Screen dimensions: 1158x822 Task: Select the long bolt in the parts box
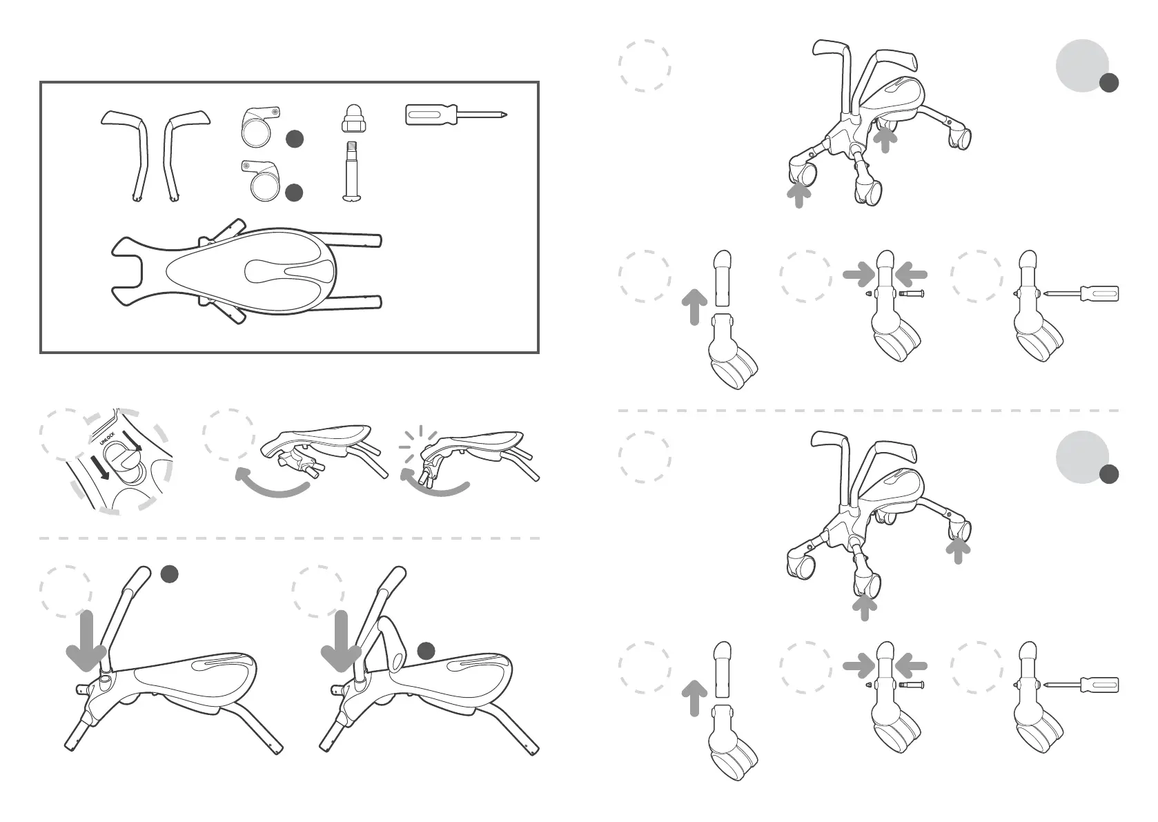[x=351, y=171]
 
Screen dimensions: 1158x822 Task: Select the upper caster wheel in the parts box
[x=259, y=126]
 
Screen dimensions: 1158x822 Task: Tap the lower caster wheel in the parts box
[x=263, y=182]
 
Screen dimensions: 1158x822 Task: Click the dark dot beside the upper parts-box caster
[x=295, y=139]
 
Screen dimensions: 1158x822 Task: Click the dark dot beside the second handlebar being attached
[x=426, y=650]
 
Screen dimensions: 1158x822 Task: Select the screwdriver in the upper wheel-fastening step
[x=1082, y=293]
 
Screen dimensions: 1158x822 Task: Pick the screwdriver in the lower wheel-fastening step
[x=1082, y=685]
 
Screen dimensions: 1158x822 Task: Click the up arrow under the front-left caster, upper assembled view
[x=799, y=195]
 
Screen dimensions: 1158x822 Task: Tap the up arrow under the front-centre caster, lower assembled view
[x=864, y=607]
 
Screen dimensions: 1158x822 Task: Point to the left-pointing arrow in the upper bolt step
[x=910, y=275]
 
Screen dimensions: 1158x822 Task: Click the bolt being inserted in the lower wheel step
[x=911, y=685]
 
